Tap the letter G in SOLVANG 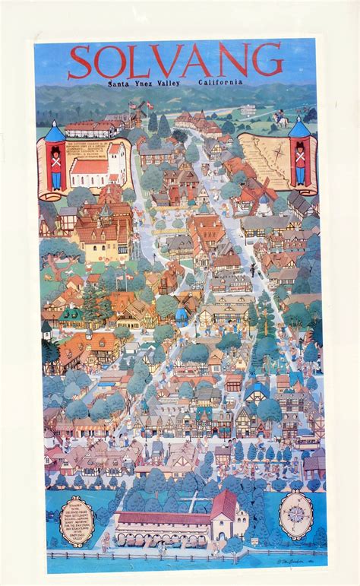click(x=267, y=60)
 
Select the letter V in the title click(x=169, y=62)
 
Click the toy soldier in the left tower click(x=55, y=169)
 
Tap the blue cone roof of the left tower click(x=55, y=132)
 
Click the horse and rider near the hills click(x=280, y=119)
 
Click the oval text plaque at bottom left click(x=77, y=521)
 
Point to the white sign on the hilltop click(x=248, y=109)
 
